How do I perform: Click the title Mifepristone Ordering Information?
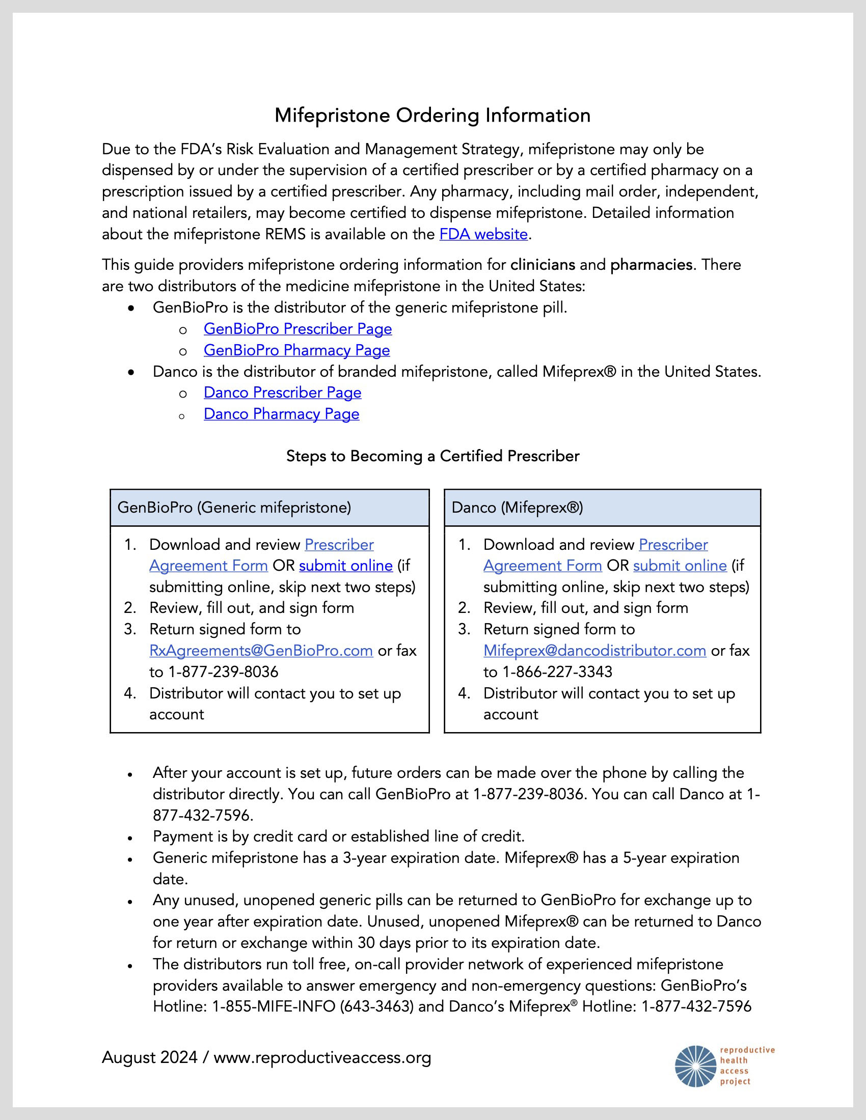click(x=432, y=116)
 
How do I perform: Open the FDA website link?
click(x=483, y=234)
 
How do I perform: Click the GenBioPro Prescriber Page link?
click(x=297, y=329)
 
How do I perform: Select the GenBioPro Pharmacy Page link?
click(x=296, y=350)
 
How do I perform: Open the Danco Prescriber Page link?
click(x=282, y=393)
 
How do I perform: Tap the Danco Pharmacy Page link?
click(x=281, y=414)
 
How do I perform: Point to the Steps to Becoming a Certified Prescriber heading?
click(x=432, y=456)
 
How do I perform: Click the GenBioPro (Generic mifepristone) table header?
click(x=234, y=508)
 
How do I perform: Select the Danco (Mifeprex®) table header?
click(x=517, y=508)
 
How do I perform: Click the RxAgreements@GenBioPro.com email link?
click(x=261, y=651)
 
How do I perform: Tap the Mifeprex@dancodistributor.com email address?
click(x=594, y=651)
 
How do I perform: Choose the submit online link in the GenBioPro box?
click(x=346, y=566)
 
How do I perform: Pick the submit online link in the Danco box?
click(x=680, y=566)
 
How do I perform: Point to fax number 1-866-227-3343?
click(x=557, y=673)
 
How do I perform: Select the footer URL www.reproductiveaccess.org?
click(x=322, y=1057)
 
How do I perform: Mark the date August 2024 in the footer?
click(x=149, y=1057)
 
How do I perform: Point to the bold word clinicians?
click(x=543, y=265)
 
